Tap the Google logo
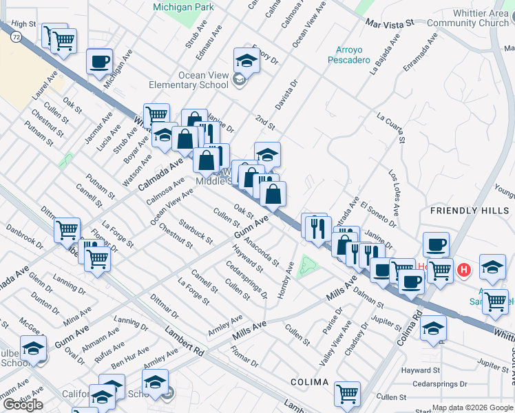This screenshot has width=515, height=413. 23,405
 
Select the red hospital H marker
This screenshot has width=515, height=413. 465,269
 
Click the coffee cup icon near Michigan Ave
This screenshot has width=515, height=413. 99,62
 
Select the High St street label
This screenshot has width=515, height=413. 23,24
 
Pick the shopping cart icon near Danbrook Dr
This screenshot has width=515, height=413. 67,230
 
